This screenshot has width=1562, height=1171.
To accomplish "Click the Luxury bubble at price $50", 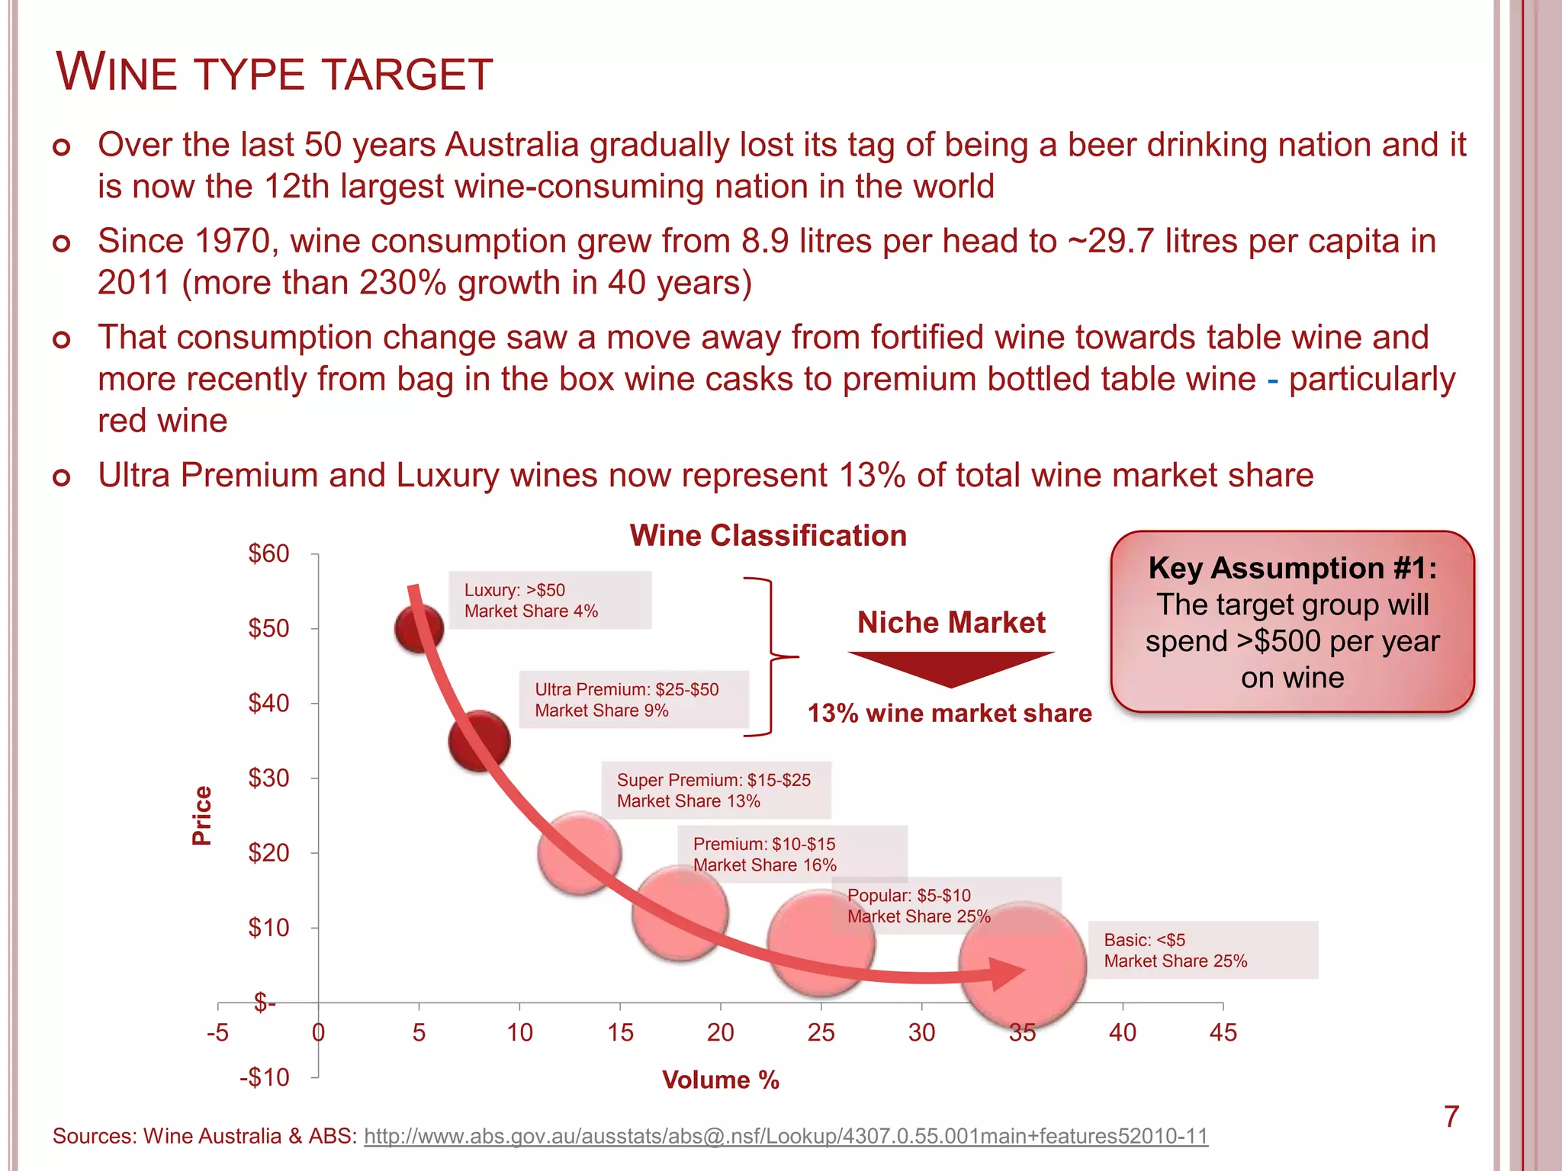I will (x=418, y=629).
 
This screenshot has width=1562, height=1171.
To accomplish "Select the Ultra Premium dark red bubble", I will (x=479, y=741).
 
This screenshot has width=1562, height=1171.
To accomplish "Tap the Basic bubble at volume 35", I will (x=1022, y=964).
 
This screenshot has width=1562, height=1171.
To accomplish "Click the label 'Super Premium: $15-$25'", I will (x=714, y=780).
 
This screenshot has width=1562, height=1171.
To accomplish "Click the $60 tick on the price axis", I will (x=268, y=553).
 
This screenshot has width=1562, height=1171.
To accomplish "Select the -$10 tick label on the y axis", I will (x=264, y=1077).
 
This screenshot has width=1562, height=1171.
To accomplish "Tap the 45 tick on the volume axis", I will (x=1223, y=1032).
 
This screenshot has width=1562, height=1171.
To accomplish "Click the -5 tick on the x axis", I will (x=217, y=1032).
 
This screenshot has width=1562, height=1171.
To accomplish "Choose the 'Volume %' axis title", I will (x=720, y=1080).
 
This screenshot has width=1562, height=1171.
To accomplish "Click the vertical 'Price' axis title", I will (x=201, y=815).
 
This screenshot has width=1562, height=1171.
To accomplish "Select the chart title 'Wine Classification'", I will (x=768, y=535).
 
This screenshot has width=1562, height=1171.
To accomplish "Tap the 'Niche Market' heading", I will (x=950, y=622).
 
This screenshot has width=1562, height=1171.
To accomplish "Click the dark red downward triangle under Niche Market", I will (x=950, y=668).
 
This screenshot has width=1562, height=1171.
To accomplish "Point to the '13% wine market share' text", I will (x=950, y=713).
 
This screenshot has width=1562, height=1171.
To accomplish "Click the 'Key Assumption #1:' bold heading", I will (x=1292, y=568).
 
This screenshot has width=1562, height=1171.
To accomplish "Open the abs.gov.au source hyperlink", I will (x=786, y=1136).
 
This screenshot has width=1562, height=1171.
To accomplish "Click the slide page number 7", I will (x=1451, y=1117).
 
